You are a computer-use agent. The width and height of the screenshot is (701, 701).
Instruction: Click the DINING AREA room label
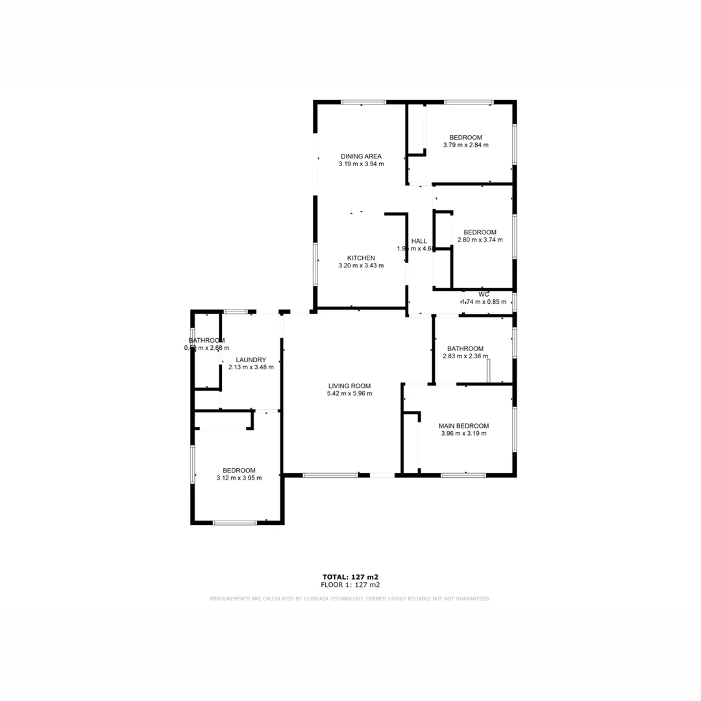coord(361,156)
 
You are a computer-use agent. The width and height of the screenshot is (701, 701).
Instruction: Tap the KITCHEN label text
coord(361,258)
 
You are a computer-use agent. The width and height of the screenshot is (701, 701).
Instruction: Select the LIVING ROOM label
coord(349,386)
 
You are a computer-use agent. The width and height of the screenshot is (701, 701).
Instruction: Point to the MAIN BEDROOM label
coord(463,426)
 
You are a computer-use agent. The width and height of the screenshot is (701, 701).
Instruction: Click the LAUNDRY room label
coord(251,360)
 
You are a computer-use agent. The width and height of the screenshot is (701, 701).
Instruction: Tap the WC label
coord(484,294)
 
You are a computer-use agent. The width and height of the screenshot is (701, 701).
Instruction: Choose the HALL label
coord(419,241)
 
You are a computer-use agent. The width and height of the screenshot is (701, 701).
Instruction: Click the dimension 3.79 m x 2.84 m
coord(465,145)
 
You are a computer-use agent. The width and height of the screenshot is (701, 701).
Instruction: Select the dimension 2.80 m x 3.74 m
coord(480,240)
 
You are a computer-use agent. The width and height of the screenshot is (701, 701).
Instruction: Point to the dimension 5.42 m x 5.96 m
coord(349,393)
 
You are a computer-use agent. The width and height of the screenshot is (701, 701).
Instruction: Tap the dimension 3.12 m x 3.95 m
coord(239,478)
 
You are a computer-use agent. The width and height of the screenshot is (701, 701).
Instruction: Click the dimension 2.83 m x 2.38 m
coord(465,356)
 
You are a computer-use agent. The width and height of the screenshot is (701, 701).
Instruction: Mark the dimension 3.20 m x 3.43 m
coord(361,265)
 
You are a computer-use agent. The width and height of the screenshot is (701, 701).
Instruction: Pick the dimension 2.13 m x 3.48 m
coord(251,367)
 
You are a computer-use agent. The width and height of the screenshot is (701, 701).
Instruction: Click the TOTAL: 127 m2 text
coord(350,576)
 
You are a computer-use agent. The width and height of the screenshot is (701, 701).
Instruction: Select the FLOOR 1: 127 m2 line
coord(350,585)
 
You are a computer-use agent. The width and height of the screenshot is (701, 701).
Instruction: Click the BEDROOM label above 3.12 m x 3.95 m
coord(239,471)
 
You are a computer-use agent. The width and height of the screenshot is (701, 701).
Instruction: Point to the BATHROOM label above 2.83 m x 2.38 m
coord(465,348)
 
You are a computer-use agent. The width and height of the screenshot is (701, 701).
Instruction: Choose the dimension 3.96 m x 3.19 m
coord(463,434)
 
